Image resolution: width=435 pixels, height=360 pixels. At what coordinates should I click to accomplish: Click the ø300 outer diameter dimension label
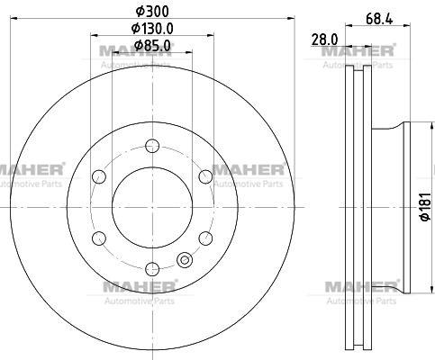click(152, 12)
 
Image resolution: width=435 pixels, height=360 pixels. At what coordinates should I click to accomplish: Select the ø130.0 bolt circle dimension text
click(152, 29)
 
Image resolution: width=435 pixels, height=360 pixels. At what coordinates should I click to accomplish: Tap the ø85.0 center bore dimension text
click(152, 46)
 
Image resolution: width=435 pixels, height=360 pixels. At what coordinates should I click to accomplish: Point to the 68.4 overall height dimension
click(379, 20)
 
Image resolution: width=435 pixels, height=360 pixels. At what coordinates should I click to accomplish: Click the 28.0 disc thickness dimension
click(325, 40)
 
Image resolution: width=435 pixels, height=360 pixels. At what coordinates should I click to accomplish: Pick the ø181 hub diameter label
click(426, 207)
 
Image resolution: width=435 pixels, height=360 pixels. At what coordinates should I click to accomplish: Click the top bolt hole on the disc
click(152, 146)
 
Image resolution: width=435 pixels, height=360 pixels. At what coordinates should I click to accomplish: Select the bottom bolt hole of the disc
click(152, 269)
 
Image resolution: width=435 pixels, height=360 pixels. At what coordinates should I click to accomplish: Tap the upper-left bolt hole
click(99, 176)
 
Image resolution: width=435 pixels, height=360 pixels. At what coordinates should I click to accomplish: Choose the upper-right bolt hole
click(205, 176)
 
